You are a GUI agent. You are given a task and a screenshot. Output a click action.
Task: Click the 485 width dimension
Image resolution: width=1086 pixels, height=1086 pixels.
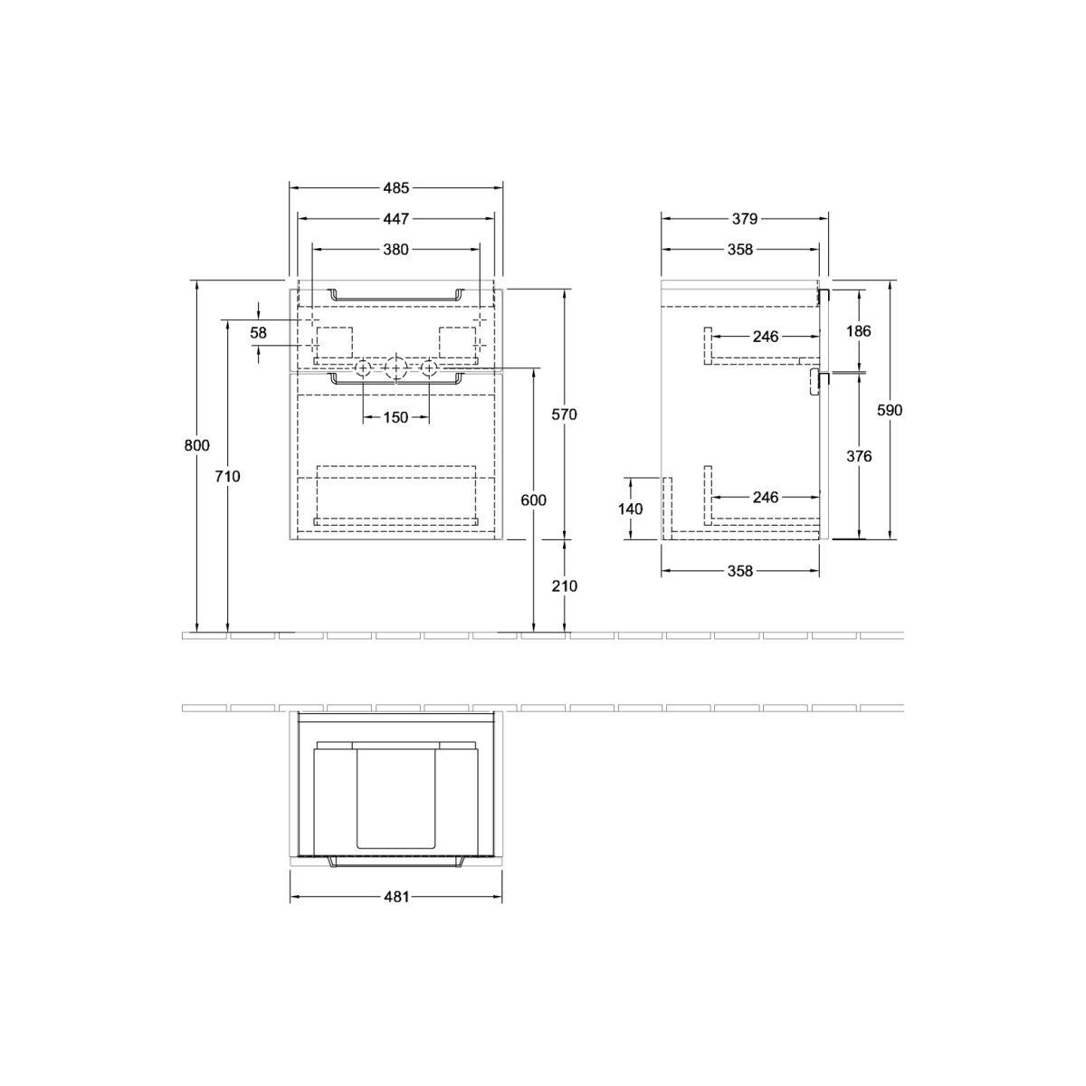click(395, 188)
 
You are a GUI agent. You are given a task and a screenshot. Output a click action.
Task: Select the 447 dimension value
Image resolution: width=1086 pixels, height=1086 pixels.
click(395, 219)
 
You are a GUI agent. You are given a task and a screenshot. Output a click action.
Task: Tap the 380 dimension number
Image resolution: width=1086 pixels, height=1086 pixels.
click(395, 249)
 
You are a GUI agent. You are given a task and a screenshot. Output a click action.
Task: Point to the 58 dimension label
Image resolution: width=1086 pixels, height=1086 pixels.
click(258, 333)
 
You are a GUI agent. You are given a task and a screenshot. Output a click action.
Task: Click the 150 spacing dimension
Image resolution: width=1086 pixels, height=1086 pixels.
click(395, 417)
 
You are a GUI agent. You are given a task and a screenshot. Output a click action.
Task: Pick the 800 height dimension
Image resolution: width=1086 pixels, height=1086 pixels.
click(196, 445)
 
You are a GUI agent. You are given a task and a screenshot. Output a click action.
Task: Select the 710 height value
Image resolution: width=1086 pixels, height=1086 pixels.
click(228, 477)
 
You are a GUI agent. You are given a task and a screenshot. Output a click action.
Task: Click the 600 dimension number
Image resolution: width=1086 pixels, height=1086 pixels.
click(533, 500)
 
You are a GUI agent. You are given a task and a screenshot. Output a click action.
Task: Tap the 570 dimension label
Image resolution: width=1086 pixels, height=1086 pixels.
click(564, 414)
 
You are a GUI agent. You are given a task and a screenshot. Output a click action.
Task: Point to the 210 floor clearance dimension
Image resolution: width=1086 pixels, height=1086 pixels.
click(564, 586)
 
